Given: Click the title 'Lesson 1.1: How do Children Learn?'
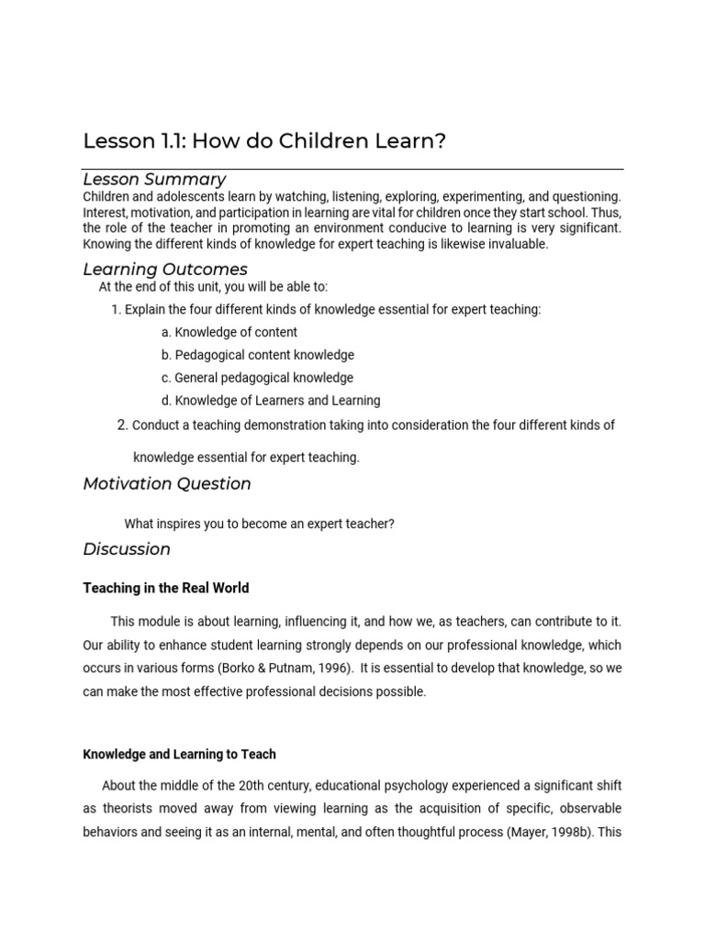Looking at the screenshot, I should tap(264, 141).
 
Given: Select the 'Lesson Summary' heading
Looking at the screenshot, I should tap(154, 180).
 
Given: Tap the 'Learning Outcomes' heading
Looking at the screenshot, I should tap(165, 270).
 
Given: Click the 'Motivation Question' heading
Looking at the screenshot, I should tap(167, 484).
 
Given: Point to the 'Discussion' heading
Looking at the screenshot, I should tap(127, 549).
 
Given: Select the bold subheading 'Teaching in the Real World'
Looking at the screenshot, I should tap(166, 588).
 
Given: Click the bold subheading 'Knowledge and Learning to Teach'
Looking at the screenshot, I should tap(179, 754).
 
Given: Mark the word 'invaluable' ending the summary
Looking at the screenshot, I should tap(518, 244).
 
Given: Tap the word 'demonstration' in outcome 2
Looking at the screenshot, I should tap(290, 425).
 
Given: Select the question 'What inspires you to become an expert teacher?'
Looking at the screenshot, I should tap(259, 524).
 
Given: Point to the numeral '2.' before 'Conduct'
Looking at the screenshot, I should tap(123, 425).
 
